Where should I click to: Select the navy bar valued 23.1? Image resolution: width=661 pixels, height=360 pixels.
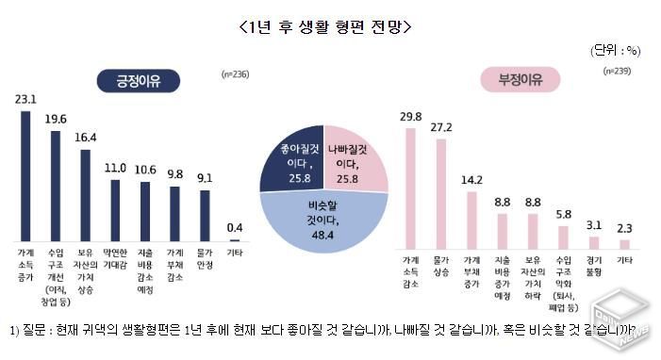pyautogui.click(x=25, y=175)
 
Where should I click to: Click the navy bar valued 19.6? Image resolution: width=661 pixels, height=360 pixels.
pyautogui.click(x=56, y=186)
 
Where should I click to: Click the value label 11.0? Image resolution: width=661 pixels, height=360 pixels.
pyautogui.click(x=114, y=168)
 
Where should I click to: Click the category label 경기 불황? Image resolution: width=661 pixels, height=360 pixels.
pyautogui.click(x=593, y=264)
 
